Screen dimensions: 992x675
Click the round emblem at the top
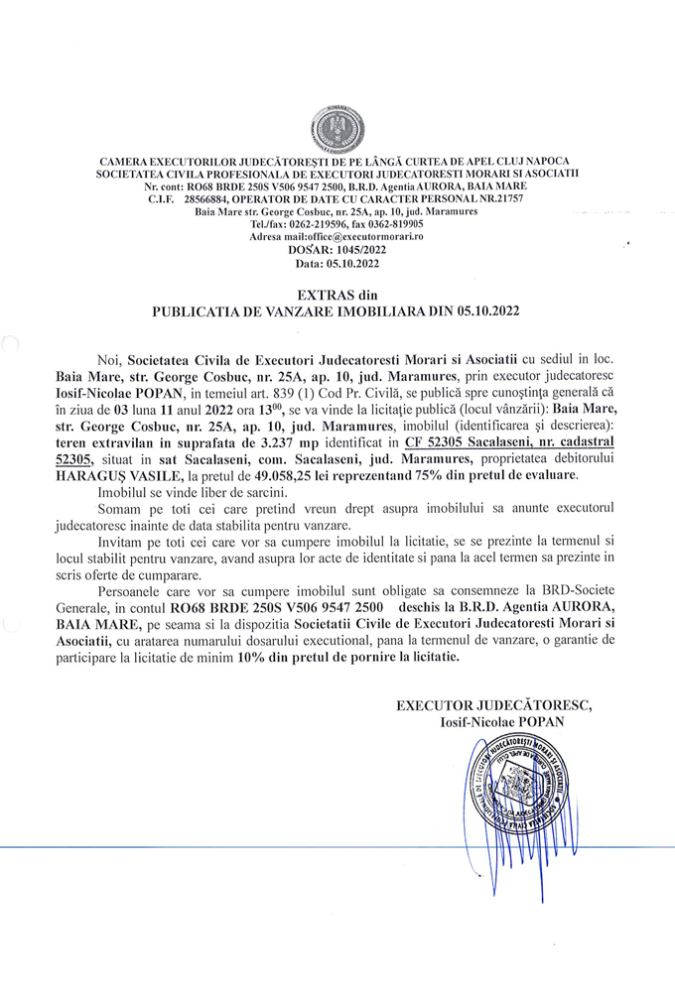pos(337,127)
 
